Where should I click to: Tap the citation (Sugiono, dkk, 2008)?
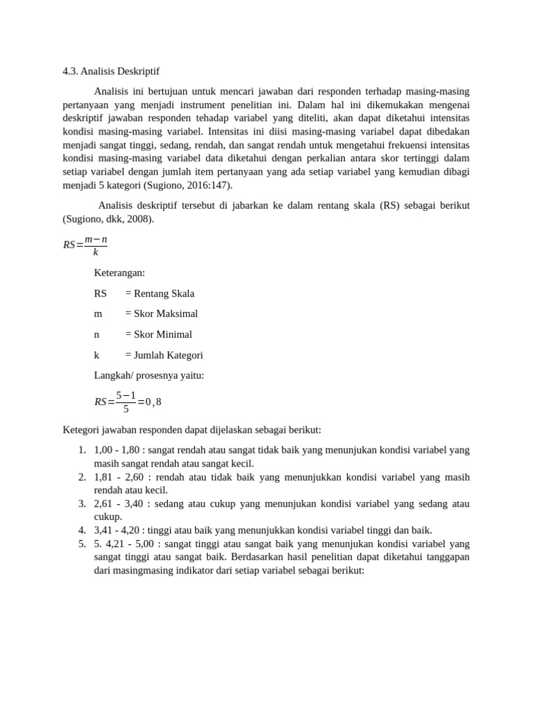108,219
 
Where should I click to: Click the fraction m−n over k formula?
96,245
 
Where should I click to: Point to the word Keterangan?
119,272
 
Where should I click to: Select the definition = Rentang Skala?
160,293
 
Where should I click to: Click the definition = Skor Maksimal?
161,313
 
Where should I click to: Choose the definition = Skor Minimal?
158,334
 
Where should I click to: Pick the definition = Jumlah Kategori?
164,355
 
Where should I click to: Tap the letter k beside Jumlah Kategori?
97,355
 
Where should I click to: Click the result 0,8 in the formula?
153,401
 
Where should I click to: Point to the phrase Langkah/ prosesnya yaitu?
149,375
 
